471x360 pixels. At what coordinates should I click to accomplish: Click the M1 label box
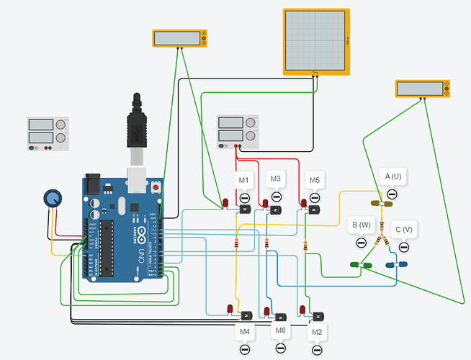[243, 180]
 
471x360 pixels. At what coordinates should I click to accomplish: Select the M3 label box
[274, 178]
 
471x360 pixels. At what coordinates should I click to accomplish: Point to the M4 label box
[244, 332]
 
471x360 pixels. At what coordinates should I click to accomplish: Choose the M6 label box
[281, 330]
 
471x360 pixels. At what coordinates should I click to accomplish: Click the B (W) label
[360, 224]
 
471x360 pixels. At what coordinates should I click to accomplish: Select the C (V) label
[403, 230]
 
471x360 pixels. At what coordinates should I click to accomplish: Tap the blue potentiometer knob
[51, 198]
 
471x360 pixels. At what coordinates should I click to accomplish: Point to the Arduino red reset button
[157, 187]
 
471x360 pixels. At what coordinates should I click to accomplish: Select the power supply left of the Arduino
[48, 134]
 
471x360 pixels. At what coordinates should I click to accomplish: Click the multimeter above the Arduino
[179, 39]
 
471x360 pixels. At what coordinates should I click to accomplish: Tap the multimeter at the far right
[422, 89]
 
